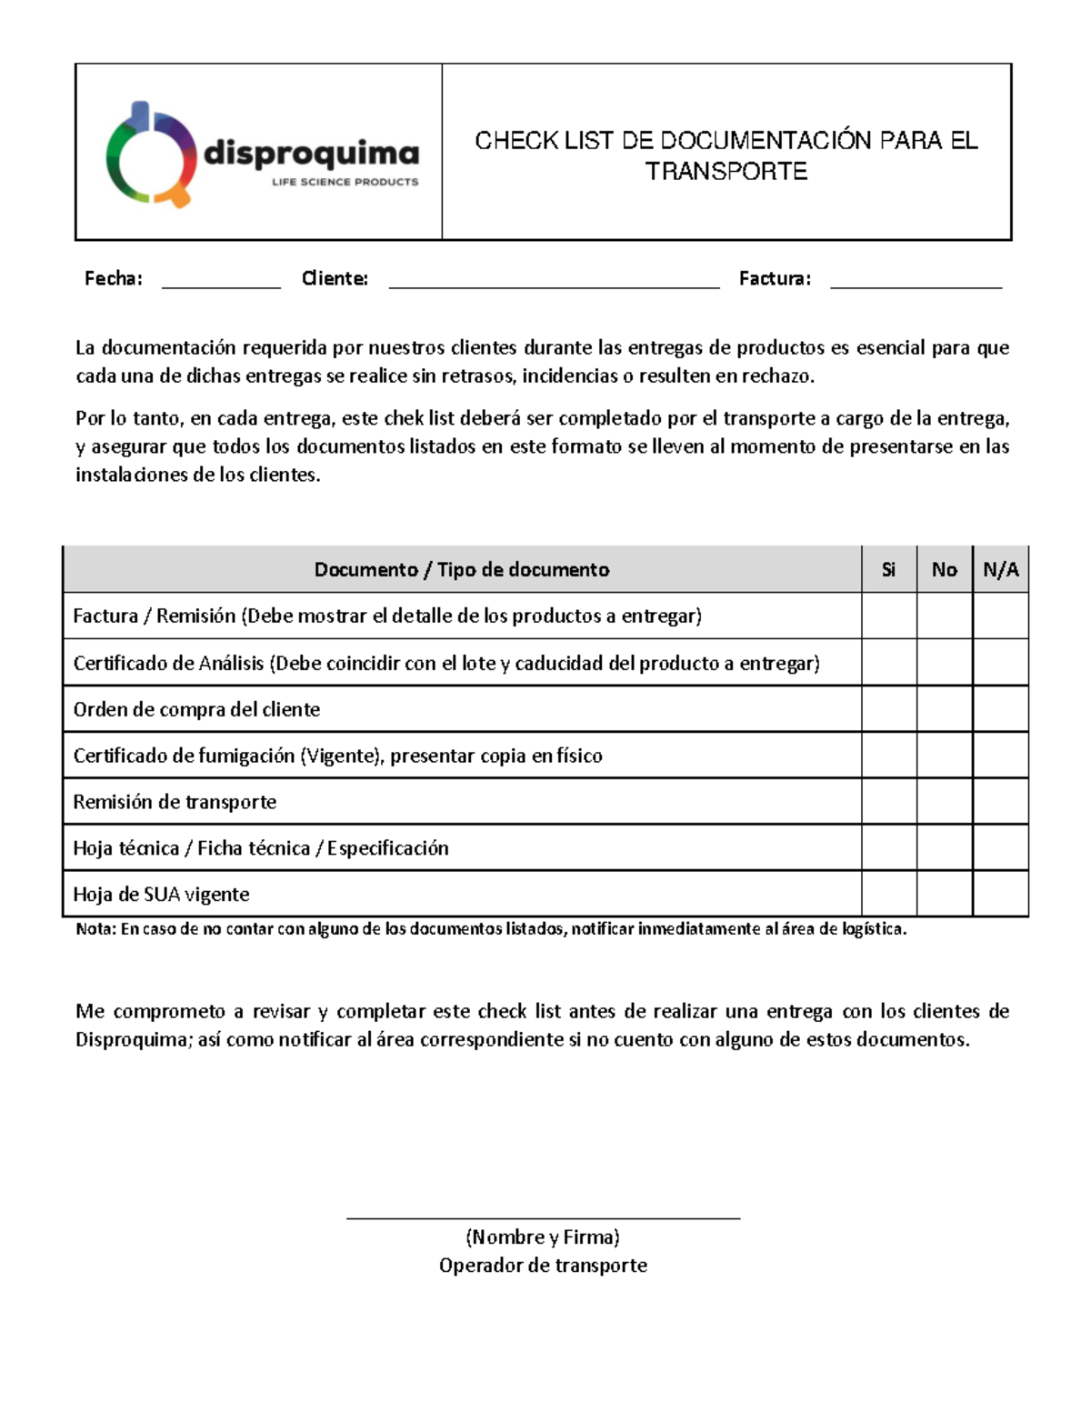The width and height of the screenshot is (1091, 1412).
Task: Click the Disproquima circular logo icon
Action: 151,155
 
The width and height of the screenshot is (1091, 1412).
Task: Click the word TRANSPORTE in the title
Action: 726,171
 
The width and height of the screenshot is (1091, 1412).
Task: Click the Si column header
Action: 888,570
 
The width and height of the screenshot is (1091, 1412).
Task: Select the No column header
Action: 944,570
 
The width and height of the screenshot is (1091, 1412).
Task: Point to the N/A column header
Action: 1000,570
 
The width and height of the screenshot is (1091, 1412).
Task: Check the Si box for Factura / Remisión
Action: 888,616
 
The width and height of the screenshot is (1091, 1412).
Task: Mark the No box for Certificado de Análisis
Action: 944,663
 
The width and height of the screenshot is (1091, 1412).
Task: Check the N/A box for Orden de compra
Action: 1000,709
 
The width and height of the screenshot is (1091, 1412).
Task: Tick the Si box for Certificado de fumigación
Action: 888,756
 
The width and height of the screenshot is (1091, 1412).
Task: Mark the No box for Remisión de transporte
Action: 944,802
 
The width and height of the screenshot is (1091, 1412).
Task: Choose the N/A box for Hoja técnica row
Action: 1000,848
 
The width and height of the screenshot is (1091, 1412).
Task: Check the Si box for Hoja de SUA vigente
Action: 888,894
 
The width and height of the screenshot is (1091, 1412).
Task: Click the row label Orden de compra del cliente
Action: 196,710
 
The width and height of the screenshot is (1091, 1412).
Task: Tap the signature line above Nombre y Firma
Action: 543,1217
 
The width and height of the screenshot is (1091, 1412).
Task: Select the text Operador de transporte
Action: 543,1266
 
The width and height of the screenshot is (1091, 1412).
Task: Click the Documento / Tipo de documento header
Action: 462,570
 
